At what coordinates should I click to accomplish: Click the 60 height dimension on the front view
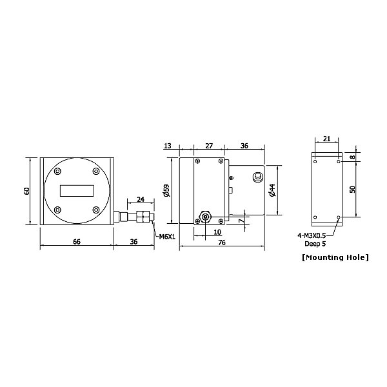coord(27,191)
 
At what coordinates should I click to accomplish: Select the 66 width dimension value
coord(77,241)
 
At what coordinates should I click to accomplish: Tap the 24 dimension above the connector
coord(141,199)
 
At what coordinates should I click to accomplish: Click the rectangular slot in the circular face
coord(77,191)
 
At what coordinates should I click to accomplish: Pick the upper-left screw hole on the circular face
coord(58,172)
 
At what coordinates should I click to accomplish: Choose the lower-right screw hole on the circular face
coord(96,210)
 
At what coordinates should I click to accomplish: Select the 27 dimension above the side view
coord(209,147)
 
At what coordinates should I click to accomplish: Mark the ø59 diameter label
coord(166,191)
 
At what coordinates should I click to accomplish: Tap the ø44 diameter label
coord(272,190)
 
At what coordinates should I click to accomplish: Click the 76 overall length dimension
coord(221,243)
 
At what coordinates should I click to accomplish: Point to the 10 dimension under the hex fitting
coord(217,232)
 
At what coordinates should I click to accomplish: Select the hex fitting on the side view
coord(205,215)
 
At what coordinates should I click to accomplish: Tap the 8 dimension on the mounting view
coord(352,157)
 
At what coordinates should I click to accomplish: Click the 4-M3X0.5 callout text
coord(312,236)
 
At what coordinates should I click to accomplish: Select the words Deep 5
coord(315,244)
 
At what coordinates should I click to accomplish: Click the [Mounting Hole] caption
coord(335,257)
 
